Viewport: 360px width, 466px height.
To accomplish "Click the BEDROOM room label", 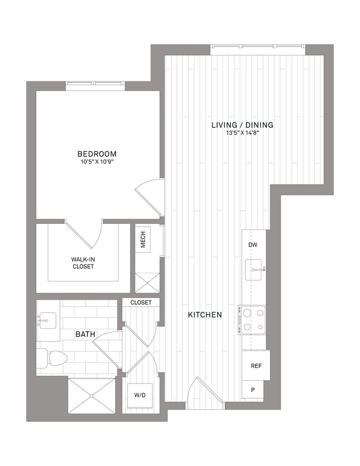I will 97,153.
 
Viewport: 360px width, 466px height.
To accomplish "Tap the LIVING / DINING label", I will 243,125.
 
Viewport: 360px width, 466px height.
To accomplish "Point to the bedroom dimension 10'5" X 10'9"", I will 97,162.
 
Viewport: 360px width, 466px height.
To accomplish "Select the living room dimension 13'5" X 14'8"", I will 243,134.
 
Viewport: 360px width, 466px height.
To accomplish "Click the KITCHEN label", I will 205,315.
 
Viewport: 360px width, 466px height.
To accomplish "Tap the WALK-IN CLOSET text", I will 82,263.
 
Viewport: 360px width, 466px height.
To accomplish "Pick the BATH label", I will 86,334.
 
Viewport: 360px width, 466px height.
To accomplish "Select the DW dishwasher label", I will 253,245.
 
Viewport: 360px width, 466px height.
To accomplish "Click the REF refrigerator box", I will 256,366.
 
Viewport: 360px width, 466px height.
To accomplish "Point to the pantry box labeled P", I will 253,390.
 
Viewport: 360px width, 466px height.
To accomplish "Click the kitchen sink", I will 254,270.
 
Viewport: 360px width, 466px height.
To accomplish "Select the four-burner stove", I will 253,320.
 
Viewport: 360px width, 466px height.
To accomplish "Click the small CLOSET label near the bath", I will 141,303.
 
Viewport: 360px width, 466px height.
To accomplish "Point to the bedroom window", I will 95,84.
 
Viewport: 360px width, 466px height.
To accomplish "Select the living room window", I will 258,49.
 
